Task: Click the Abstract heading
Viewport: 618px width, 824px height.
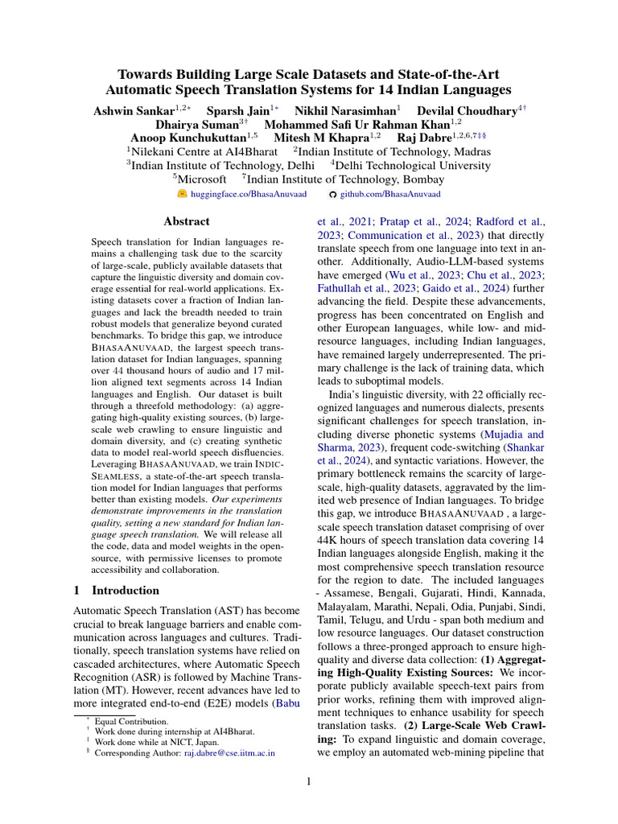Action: point(186,221)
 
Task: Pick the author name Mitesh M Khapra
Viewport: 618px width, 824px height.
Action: point(315,138)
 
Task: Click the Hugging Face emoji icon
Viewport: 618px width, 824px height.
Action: point(182,195)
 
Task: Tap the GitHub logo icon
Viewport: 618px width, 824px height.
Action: point(334,195)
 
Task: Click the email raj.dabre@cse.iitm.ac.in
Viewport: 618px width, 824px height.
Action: point(229,753)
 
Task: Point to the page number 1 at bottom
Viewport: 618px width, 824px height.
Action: point(309,781)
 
